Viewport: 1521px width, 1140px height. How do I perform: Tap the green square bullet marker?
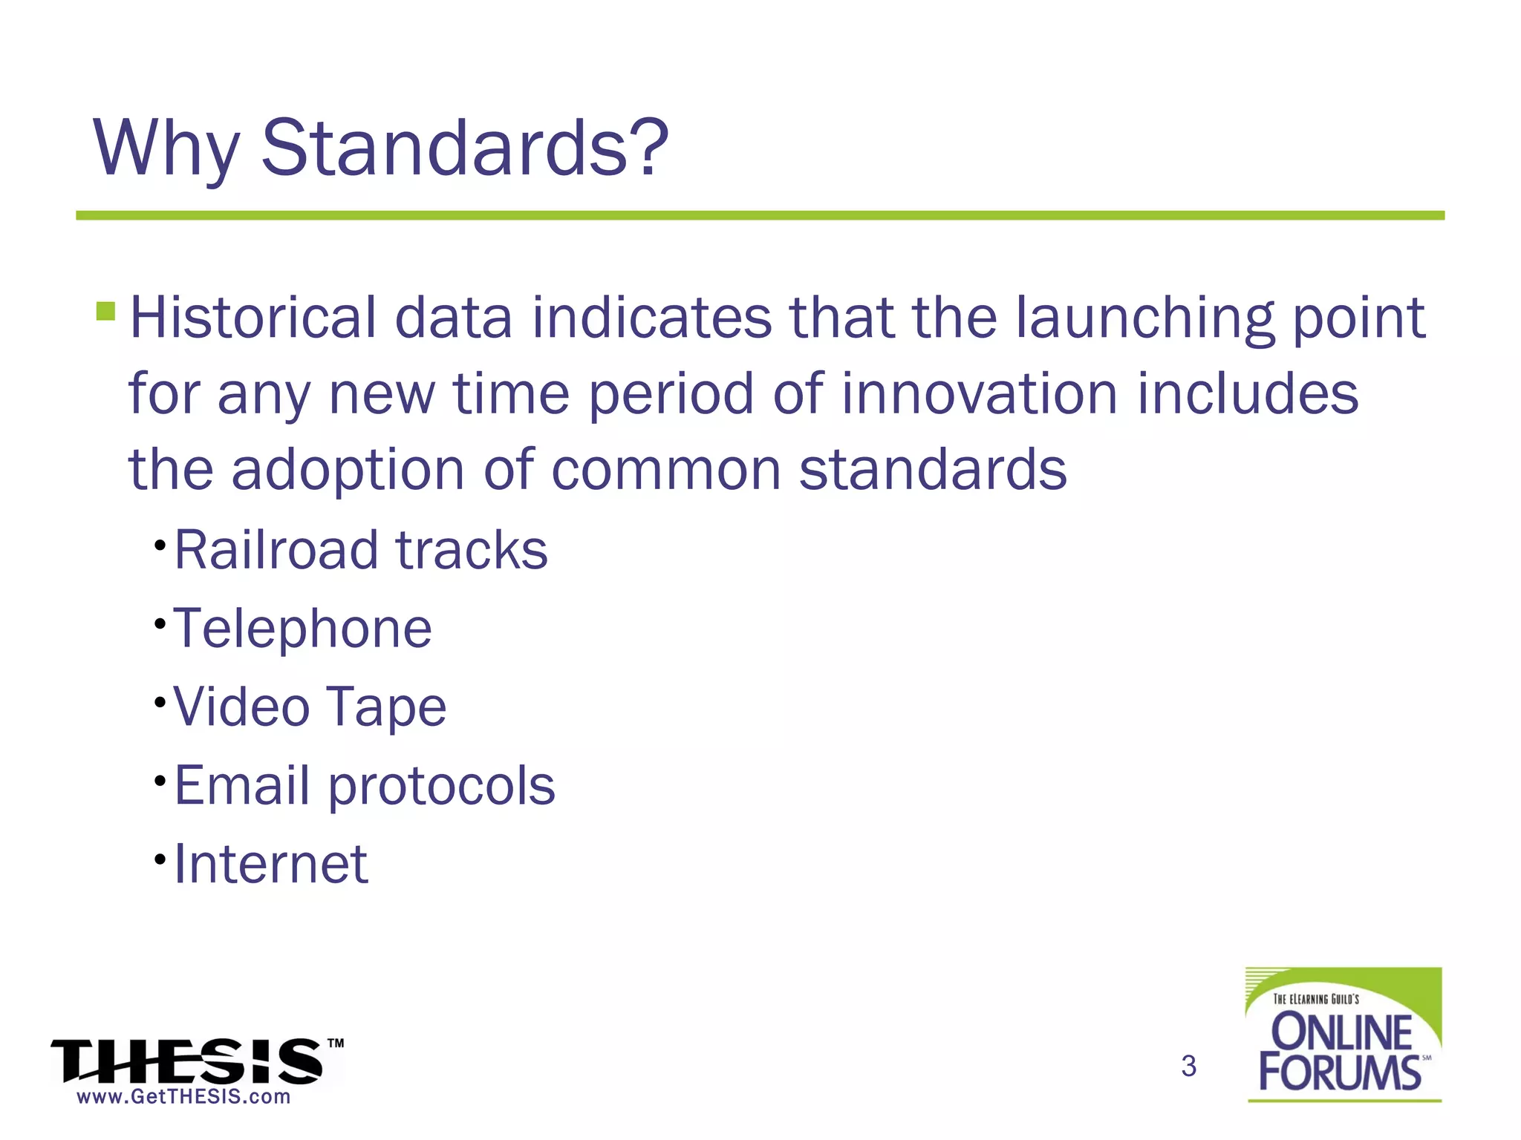click(105, 310)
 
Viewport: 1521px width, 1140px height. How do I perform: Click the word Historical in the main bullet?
click(253, 318)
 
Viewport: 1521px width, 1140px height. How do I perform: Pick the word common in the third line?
click(665, 471)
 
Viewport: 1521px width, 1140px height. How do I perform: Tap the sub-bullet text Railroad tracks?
click(361, 550)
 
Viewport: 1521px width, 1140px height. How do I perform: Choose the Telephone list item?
click(302, 629)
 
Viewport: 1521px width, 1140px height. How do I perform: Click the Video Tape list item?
click(310, 707)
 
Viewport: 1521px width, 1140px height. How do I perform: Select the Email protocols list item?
click(364, 785)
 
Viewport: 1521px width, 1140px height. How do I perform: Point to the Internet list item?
click(270, 864)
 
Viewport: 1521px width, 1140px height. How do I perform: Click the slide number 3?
click(1188, 1066)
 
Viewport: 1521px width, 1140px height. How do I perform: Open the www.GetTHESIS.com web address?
click(183, 1097)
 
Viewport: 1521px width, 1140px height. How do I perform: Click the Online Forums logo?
click(1343, 1035)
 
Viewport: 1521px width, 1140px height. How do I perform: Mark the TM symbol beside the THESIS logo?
click(336, 1044)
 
